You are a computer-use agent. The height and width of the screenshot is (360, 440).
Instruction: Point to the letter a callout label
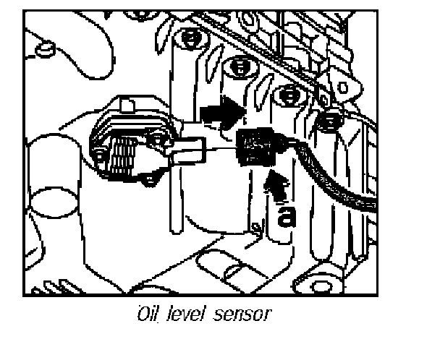287,216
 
